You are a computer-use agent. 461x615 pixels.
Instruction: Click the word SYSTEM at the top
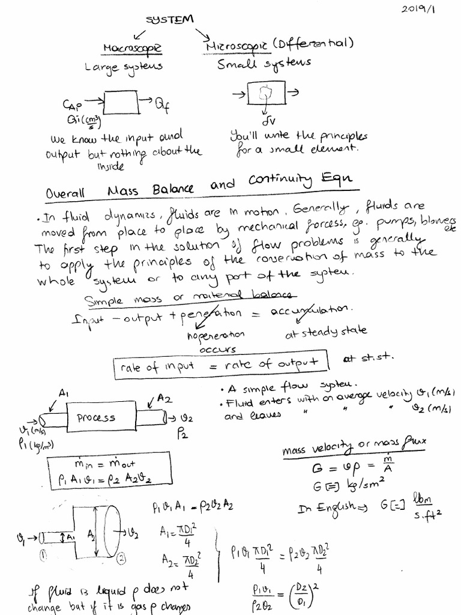click(170, 20)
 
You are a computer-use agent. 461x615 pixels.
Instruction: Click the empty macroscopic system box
click(122, 102)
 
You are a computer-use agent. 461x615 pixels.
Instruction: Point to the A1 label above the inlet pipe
click(64, 393)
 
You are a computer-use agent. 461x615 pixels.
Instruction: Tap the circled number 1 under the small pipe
click(43, 557)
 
